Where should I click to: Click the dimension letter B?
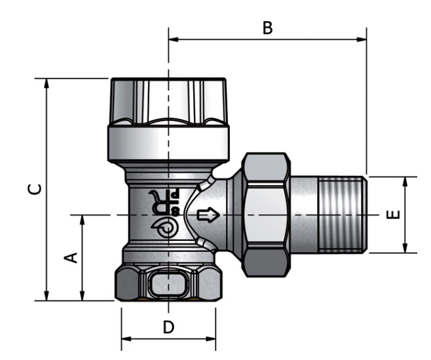click(267, 28)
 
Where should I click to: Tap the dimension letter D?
click(168, 327)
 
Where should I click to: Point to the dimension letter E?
click(392, 214)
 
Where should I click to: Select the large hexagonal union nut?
click(265, 214)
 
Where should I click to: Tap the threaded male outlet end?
click(341, 214)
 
